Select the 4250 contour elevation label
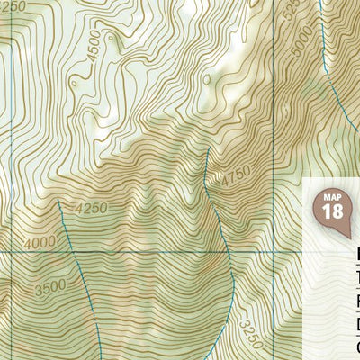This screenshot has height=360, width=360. (92, 209)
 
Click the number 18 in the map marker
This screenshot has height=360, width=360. (332, 211)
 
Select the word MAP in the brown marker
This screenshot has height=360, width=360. (332, 196)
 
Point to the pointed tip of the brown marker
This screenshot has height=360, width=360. (346, 236)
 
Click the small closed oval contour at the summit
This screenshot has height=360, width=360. (206, 79)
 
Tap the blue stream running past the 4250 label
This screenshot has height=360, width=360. (67, 225)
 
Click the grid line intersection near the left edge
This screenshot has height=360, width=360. (11, 252)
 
